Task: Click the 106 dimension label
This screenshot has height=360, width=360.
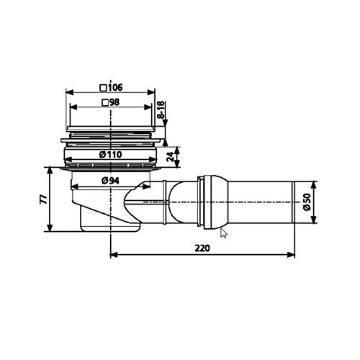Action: (115, 87)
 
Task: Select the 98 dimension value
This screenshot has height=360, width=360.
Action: (114, 102)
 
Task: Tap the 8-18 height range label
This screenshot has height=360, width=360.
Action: (161, 109)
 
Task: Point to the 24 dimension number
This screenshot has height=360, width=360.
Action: (170, 157)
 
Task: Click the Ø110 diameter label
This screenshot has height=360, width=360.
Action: (111, 154)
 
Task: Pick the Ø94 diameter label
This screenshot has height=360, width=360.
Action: (110, 181)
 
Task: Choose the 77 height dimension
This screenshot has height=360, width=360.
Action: (43, 199)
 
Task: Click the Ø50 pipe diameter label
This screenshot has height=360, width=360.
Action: (307, 202)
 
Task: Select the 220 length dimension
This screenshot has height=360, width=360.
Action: (202, 248)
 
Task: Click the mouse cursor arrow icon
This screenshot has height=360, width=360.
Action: (223, 233)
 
